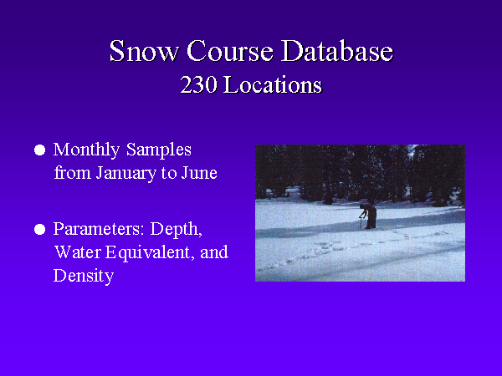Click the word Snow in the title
point(144,51)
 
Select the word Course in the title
point(230,51)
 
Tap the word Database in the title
point(337,51)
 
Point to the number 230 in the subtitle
point(198,85)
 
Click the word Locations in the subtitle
point(273,85)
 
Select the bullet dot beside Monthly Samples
point(39,150)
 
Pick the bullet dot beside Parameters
point(39,229)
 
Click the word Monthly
point(86,150)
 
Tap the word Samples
point(159,150)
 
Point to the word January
point(125,174)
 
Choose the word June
point(199,173)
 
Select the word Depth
point(176,230)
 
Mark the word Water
point(78,252)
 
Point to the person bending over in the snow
point(369,216)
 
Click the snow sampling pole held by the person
point(361,222)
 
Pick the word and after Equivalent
point(214,252)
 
